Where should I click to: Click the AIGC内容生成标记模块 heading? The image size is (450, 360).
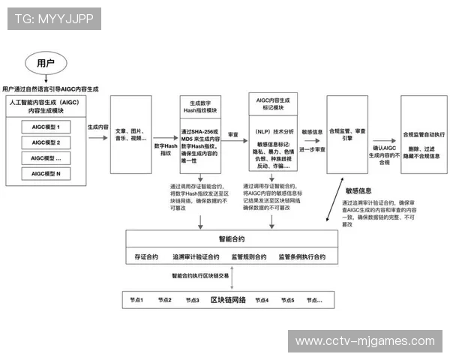coord(268,103)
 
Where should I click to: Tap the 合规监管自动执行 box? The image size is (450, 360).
coord(424,135)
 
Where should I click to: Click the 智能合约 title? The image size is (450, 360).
coord(232,239)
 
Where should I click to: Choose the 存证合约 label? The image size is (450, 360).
coord(145,257)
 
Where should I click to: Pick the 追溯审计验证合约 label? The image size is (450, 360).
coord(198,257)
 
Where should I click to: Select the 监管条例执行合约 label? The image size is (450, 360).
coord(301,257)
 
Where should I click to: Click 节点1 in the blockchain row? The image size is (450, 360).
coord(136,300)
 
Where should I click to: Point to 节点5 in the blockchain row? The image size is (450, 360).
coord(288,300)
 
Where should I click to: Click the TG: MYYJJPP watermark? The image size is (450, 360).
coord(50,19)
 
